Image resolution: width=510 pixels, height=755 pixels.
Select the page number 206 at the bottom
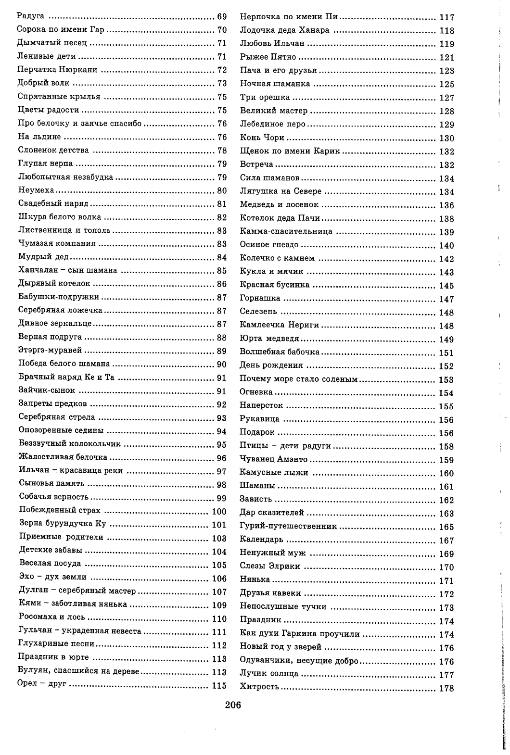point(232,705)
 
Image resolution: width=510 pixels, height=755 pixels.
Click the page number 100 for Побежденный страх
point(219,511)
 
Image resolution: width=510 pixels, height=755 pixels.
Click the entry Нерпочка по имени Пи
point(289,17)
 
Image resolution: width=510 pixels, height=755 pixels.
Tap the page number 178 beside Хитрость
point(446,688)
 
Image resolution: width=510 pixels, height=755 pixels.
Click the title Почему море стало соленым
point(298,379)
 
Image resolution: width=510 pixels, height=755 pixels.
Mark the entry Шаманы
point(257,486)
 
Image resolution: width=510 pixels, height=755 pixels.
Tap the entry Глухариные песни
point(56,644)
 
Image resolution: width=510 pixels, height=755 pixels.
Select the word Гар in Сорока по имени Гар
point(97,30)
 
